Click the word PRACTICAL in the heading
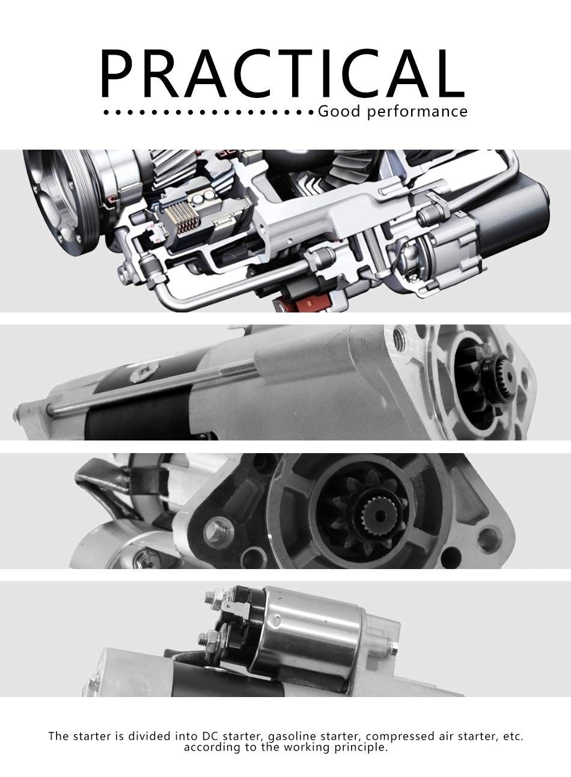[282, 73]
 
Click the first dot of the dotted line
[106, 113]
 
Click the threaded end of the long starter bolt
[239, 367]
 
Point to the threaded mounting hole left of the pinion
[218, 532]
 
